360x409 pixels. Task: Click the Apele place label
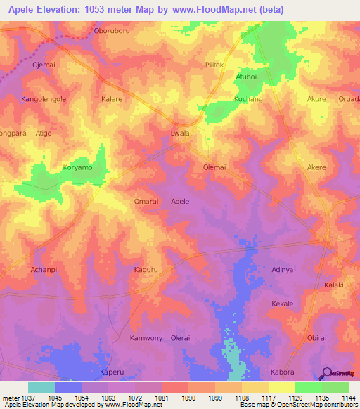click(180, 202)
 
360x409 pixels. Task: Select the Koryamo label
click(78, 169)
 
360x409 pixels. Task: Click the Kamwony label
click(146, 338)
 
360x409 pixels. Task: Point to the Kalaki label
click(333, 285)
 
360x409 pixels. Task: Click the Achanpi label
click(43, 269)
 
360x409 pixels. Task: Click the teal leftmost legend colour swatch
click(41, 387)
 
